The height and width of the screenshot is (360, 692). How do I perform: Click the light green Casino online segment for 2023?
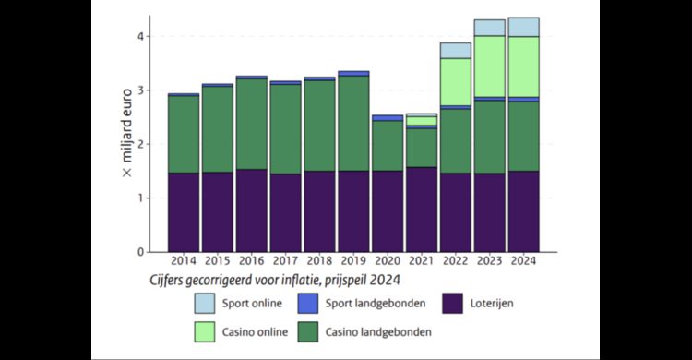pyautogui.click(x=489, y=66)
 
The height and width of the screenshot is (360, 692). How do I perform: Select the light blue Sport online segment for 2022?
pyautogui.click(x=455, y=50)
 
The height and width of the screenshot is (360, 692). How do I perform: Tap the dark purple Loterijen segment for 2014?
pyautogui.click(x=184, y=211)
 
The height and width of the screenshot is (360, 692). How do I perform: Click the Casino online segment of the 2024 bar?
pyautogui.click(x=523, y=66)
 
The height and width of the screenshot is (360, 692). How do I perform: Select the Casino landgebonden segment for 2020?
pyautogui.click(x=388, y=146)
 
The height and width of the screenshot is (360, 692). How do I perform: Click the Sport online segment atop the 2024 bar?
pyautogui.click(x=523, y=27)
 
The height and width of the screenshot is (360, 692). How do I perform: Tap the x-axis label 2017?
pyautogui.click(x=285, y=261)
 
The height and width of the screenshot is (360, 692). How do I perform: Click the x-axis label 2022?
pyautogui.click(x=455, y=261)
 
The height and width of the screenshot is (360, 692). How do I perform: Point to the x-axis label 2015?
pyautogui.click(x=218, y=261)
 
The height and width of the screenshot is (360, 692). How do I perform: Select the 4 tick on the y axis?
pyautogui.click(x=141, y=37)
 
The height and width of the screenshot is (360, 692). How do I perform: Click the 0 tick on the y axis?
pyautogui.click(x=141, y=251)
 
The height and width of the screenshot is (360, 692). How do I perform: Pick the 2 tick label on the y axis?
pyautogui.click(x=141, y=144)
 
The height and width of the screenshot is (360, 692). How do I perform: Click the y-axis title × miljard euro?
pyautogui.click(x=127, y=144)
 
